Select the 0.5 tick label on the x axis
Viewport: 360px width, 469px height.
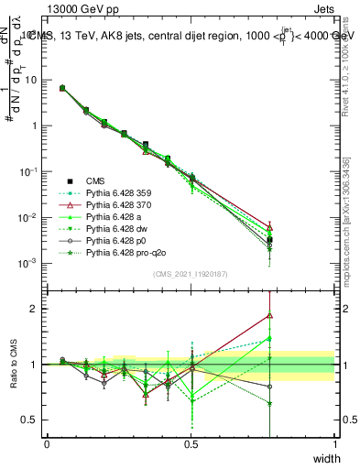pyautogui.click(x=191, y=444)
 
